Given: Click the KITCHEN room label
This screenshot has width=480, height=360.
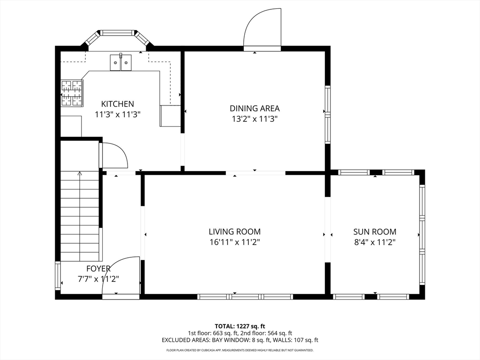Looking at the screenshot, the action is tap(118, 104).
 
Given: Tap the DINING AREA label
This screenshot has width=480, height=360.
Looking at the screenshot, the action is tap(255, 108).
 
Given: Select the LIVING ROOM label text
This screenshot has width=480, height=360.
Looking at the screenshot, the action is tap(235, 232).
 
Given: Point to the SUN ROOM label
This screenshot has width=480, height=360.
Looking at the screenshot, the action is tap(375, 232).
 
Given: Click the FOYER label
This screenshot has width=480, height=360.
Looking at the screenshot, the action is tap(98, 269).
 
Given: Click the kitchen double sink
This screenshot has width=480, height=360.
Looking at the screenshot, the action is tap(120, 62).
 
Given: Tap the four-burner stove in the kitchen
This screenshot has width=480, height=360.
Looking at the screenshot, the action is tap(72, 93).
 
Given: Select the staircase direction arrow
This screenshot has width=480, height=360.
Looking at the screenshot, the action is tap(80, 216).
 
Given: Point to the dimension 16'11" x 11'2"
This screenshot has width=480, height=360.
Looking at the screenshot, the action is tap(235, 242).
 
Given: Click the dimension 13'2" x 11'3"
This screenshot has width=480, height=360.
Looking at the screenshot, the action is tap(255, 119).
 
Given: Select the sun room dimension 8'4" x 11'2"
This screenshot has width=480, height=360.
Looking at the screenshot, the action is tap(375, 242).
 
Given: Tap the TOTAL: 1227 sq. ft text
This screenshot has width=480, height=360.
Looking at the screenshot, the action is tap(240, 326).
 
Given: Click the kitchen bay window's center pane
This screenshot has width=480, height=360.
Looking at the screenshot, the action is tap(118, 32).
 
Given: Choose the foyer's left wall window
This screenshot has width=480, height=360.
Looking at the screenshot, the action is tap(58, 276).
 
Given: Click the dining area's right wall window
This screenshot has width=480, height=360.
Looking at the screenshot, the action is tap(328, 115).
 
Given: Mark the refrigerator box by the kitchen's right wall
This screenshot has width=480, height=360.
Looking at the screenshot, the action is tap(171, 116).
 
